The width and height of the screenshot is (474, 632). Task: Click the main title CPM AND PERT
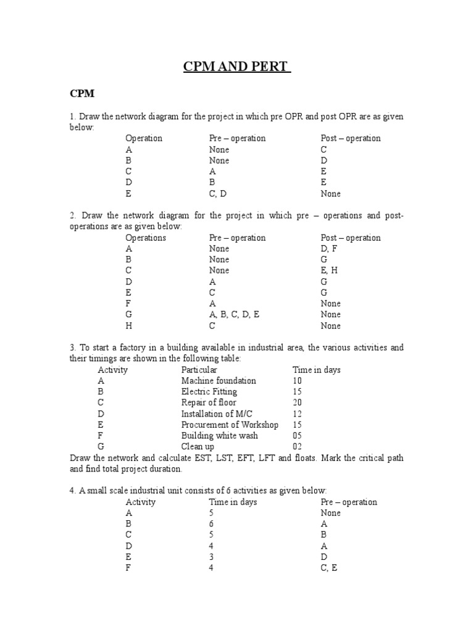coord(237,67)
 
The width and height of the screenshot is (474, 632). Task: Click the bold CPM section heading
coord(81,94)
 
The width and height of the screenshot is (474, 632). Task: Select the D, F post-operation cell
coord(329,249)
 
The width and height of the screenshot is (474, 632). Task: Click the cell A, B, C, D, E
coord(235,315)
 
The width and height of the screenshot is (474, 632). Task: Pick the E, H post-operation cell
coord(329,271)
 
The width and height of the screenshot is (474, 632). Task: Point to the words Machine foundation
coord(218,381)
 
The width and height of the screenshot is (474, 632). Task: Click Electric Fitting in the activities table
coord(209,392)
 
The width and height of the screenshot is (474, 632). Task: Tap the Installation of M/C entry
coord(217,414)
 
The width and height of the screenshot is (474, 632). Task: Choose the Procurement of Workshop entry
coord(230,425)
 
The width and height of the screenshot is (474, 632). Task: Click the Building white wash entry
coord(219,436)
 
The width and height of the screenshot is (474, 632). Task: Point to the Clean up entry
coord(197,447)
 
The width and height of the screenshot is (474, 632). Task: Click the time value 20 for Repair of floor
coord(299,403)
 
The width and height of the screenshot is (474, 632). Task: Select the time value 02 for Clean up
coord(299,447)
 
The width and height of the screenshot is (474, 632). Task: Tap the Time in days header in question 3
coord(316,370)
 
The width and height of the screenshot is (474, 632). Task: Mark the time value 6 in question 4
coord(211,524)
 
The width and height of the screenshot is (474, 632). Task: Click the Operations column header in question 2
coord(146,238)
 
